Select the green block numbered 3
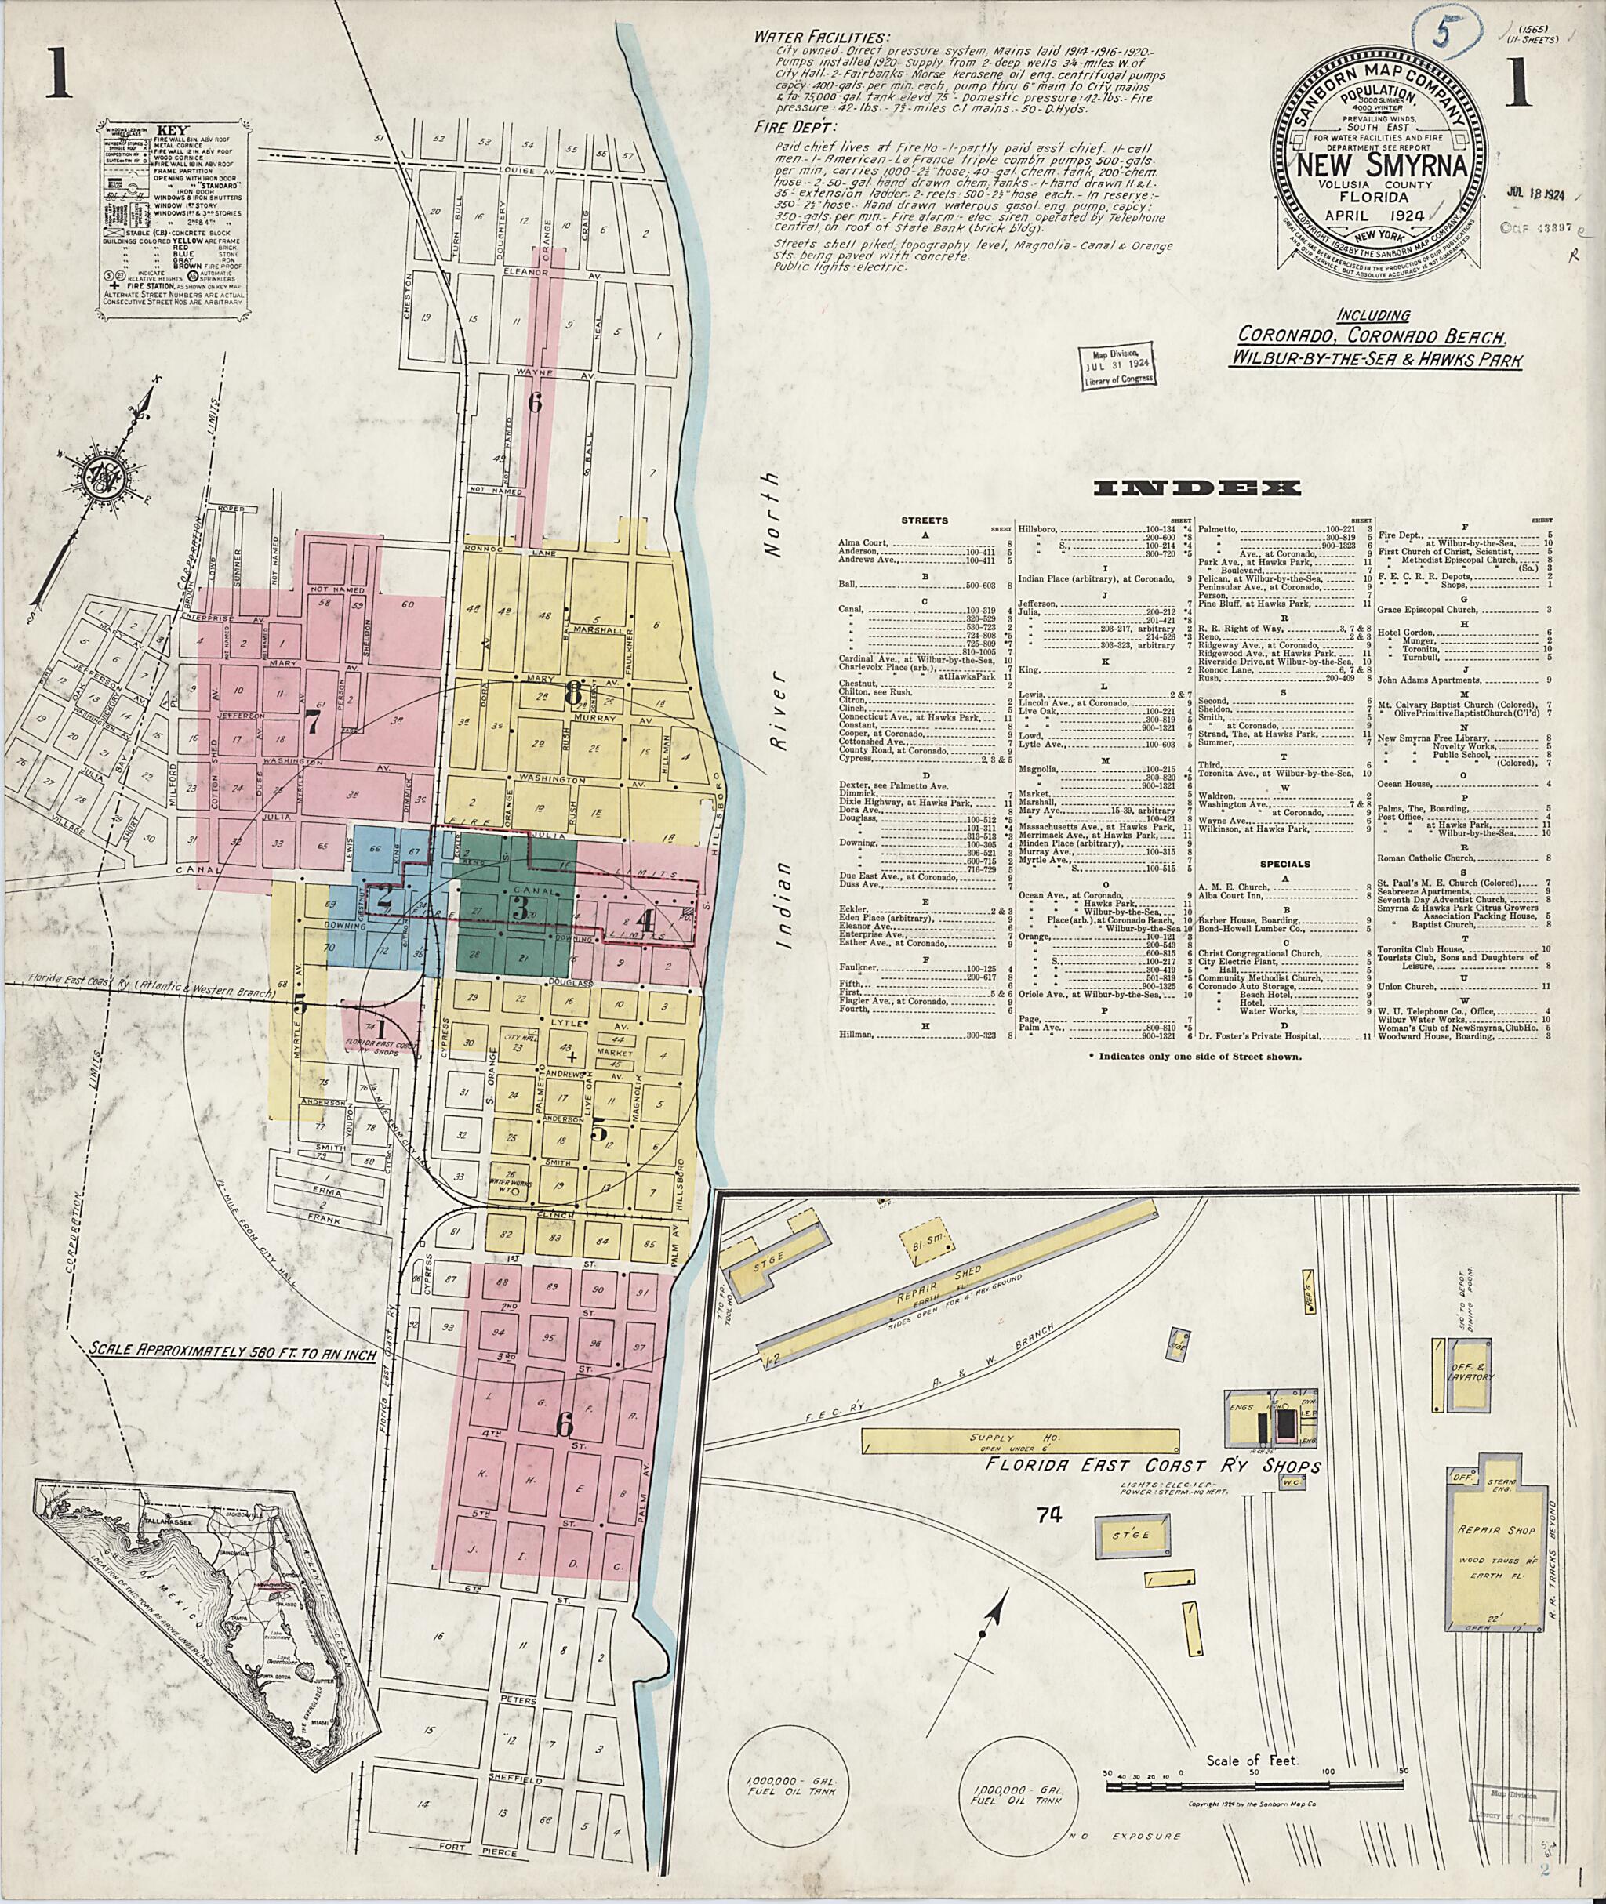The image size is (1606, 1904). (x=520, y=908)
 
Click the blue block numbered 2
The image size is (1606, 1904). (x=385, y=894)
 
